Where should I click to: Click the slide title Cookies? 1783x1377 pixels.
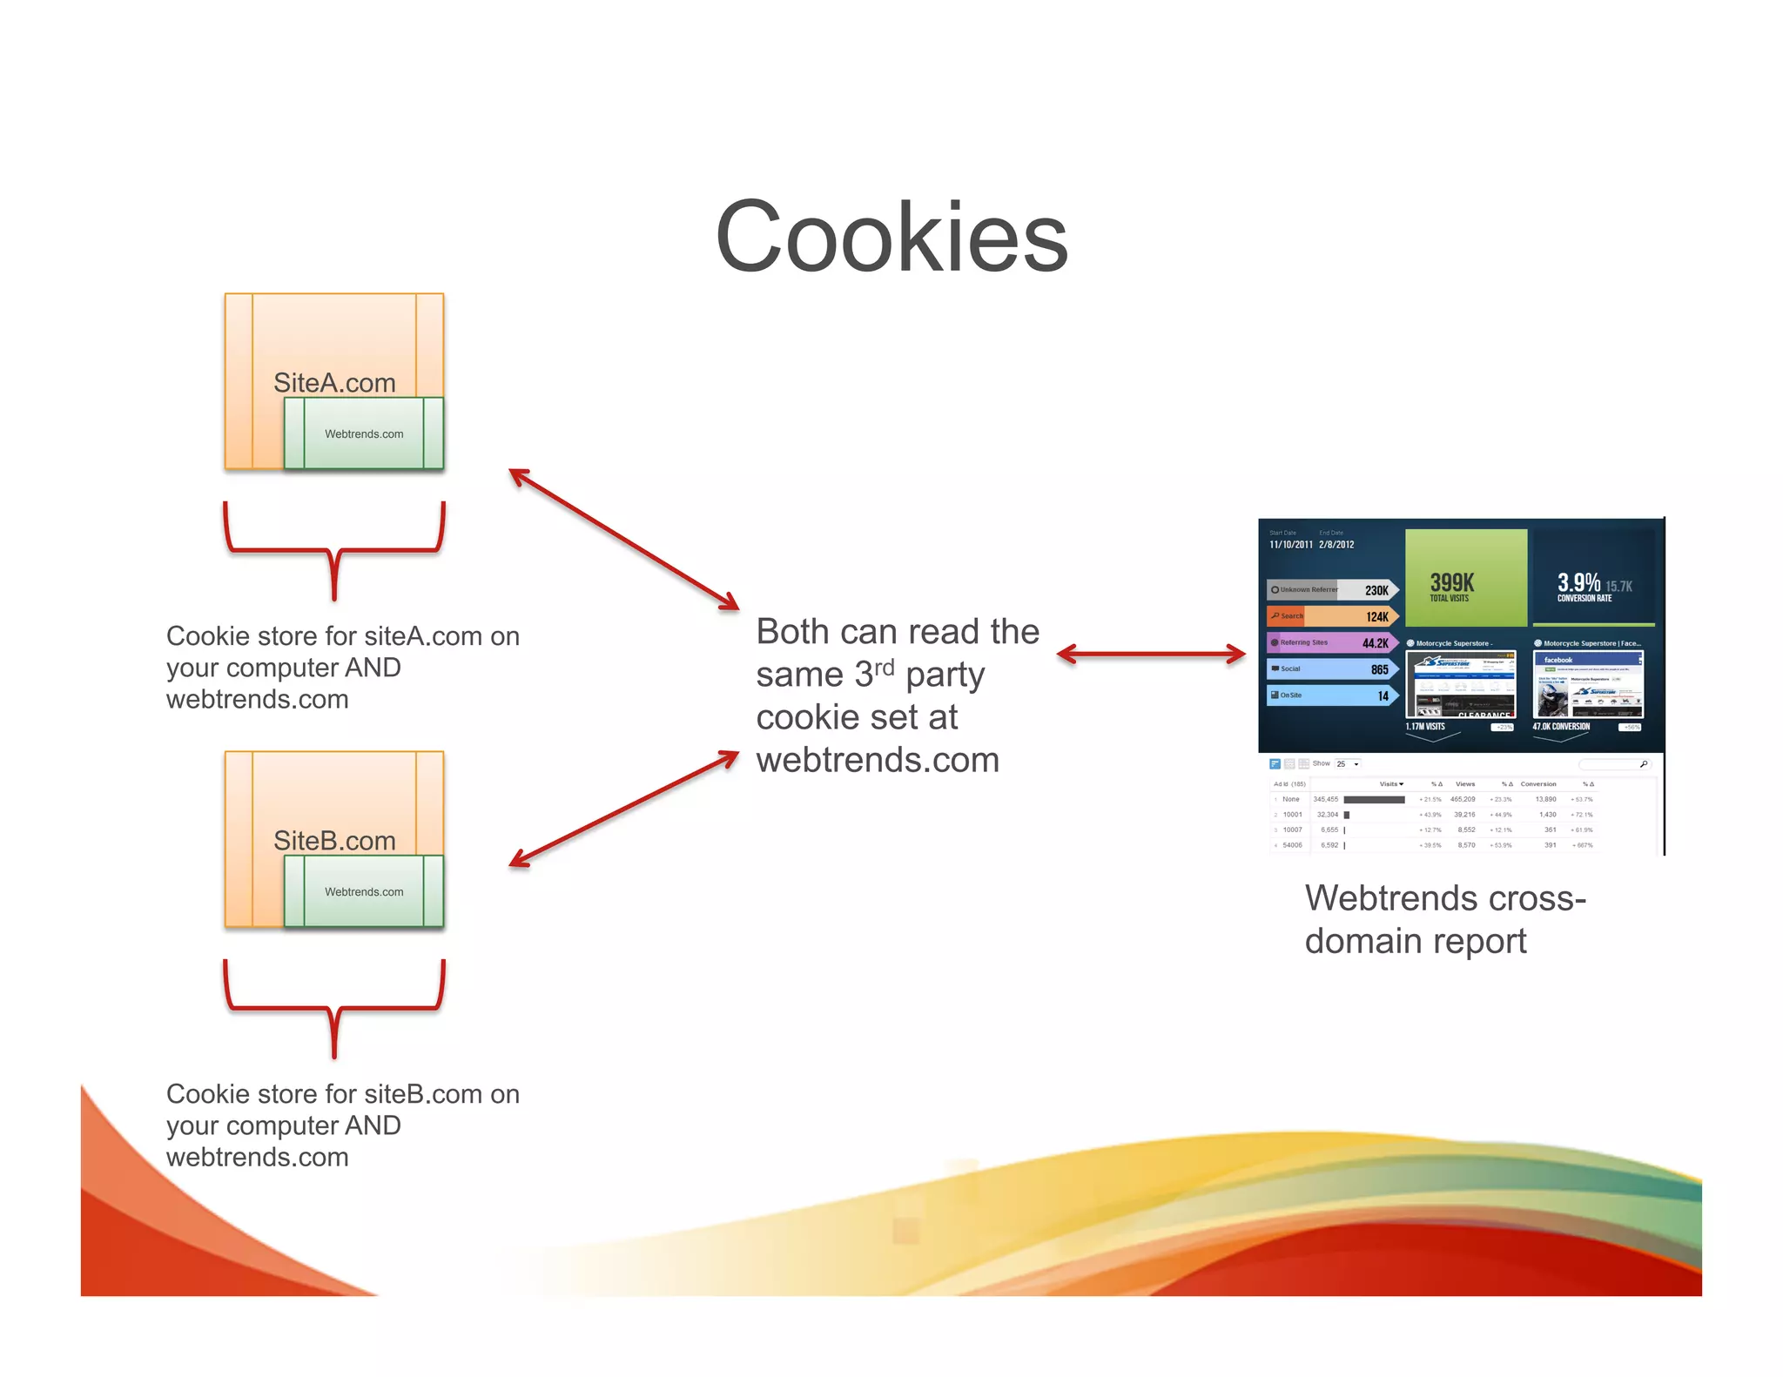pos(891,237)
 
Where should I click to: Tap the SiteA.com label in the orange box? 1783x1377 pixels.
pos(334,383)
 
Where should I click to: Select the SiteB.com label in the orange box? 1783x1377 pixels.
pos(334,841)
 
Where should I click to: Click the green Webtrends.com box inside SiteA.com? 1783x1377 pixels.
pos(364,433)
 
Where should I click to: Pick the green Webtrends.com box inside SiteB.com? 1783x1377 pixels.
pos(364,891)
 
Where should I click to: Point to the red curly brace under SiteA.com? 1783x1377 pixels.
pos(334,550)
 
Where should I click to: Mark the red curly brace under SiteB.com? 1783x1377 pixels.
pos(334,1008)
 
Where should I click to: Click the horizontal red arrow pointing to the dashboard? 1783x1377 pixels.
pos(1151,655)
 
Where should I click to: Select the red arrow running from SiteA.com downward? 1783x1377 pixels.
pos(623,540)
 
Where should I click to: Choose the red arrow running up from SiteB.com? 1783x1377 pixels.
pos(623,809)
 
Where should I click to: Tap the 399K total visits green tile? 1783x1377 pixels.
pos(1466,578)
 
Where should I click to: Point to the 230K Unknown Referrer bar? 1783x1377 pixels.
pos(1332,590)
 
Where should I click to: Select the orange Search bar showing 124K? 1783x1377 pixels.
pos(1332,616)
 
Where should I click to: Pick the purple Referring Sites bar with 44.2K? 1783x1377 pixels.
pos(1332,643)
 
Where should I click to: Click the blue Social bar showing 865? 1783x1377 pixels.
pos(1332,669)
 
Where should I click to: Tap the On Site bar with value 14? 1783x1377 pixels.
pos(1332,695)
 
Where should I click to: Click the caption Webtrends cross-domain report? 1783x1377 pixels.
pos(1445,919)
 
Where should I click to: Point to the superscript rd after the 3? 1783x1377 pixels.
pos(885,667)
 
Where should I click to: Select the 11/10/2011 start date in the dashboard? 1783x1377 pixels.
pos(1290,545)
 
